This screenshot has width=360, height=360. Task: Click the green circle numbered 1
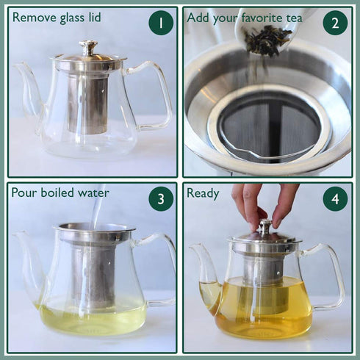161,23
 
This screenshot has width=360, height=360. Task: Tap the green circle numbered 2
335,23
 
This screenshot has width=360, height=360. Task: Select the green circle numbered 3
161,198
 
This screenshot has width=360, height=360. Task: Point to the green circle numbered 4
335,198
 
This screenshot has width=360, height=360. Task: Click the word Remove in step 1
35,17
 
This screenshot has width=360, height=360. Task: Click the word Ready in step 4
203,193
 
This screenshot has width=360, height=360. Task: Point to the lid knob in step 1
89,47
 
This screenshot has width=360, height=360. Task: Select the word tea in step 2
303,17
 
